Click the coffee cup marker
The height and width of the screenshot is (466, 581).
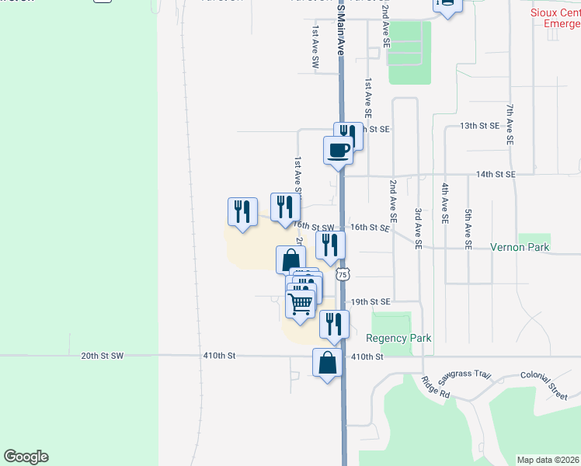[338, 150]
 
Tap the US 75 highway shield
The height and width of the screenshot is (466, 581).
[343, 274]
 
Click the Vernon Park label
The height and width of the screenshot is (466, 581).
[520, 248]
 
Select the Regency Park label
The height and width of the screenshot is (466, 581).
[398, 338]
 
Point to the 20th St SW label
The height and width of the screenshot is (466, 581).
[102, 356]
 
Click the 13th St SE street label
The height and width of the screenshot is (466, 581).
[479, 126]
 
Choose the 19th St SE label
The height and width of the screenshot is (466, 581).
[370, 301]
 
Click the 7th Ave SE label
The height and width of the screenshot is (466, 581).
[510, 125]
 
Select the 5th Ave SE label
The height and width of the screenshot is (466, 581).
[468, 228]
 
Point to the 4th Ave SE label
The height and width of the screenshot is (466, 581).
[444, 203]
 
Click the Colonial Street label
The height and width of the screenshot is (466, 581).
[544, 384]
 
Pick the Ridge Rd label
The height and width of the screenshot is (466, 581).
[436, 388]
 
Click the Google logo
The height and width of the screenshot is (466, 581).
[26, 457]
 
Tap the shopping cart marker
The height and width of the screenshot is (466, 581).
[301, 302]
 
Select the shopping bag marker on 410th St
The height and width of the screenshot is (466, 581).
[328, 362]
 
